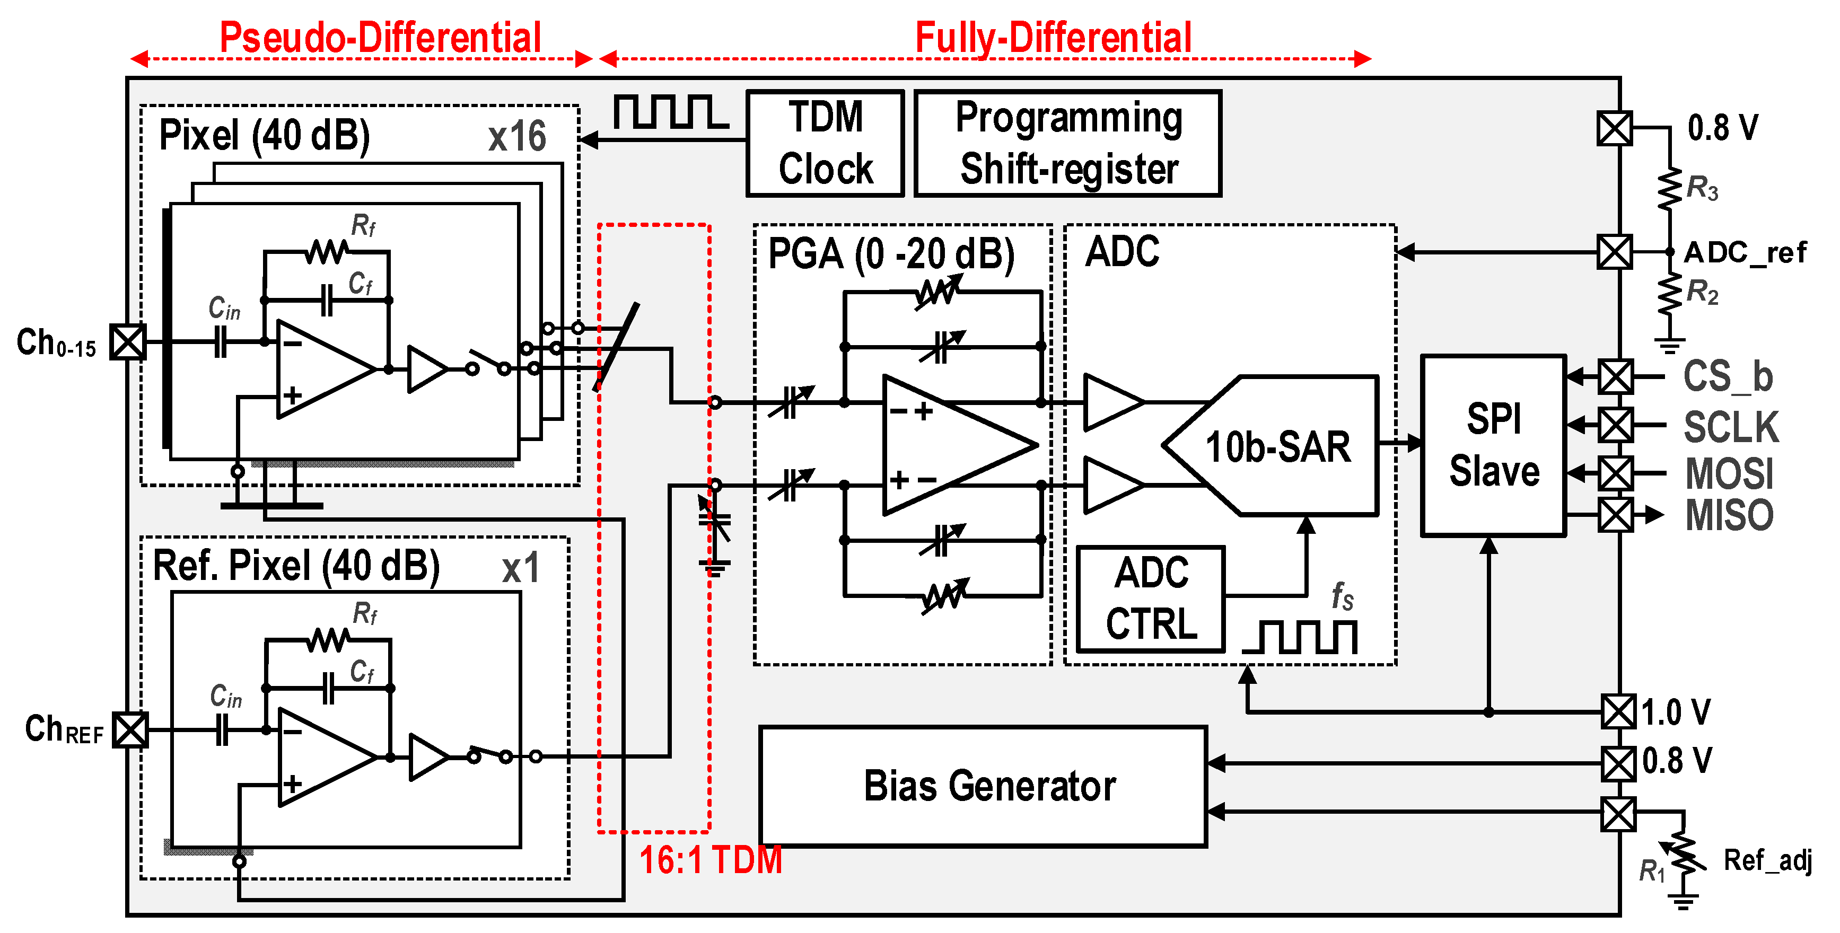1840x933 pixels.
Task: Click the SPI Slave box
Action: (1494, 445)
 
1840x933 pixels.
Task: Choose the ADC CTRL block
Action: (1151, 599)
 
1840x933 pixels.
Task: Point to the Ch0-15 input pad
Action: (128, 342)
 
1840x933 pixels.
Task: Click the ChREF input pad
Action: (131, 729)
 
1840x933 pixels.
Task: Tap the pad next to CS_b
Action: (1615, 376)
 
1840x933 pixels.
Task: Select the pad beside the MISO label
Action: (1615, 515)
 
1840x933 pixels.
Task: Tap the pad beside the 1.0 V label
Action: (1618, 712)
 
